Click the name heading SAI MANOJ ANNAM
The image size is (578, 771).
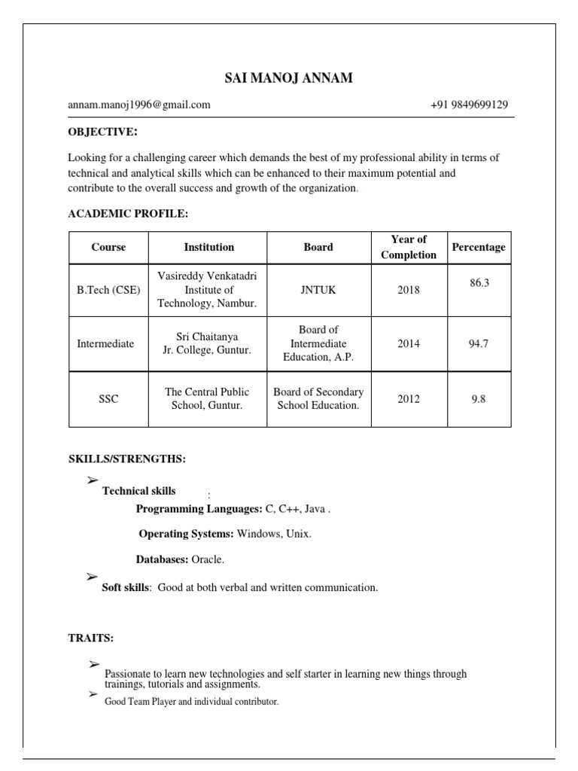click(288, 78)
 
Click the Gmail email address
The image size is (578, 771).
click(139, 105)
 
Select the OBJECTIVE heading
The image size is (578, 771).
click(103, 133)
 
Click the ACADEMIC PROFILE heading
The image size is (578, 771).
click(128, 214)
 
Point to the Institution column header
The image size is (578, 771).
click(209, 247)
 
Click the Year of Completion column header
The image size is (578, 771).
click(409, 247)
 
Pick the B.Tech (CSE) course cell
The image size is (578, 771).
click(108, 290)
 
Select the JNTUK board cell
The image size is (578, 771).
click(318, 290)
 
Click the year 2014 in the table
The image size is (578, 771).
click(409, 343)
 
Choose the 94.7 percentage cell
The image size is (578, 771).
click(479, 343)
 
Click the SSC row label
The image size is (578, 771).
click(108, 399)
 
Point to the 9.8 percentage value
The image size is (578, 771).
click(479, 399)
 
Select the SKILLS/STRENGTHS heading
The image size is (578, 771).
click(126, 459)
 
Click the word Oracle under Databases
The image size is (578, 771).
click(208, 559)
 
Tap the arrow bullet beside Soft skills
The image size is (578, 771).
click(93, 577)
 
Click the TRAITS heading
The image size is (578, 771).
click(91, 638)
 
